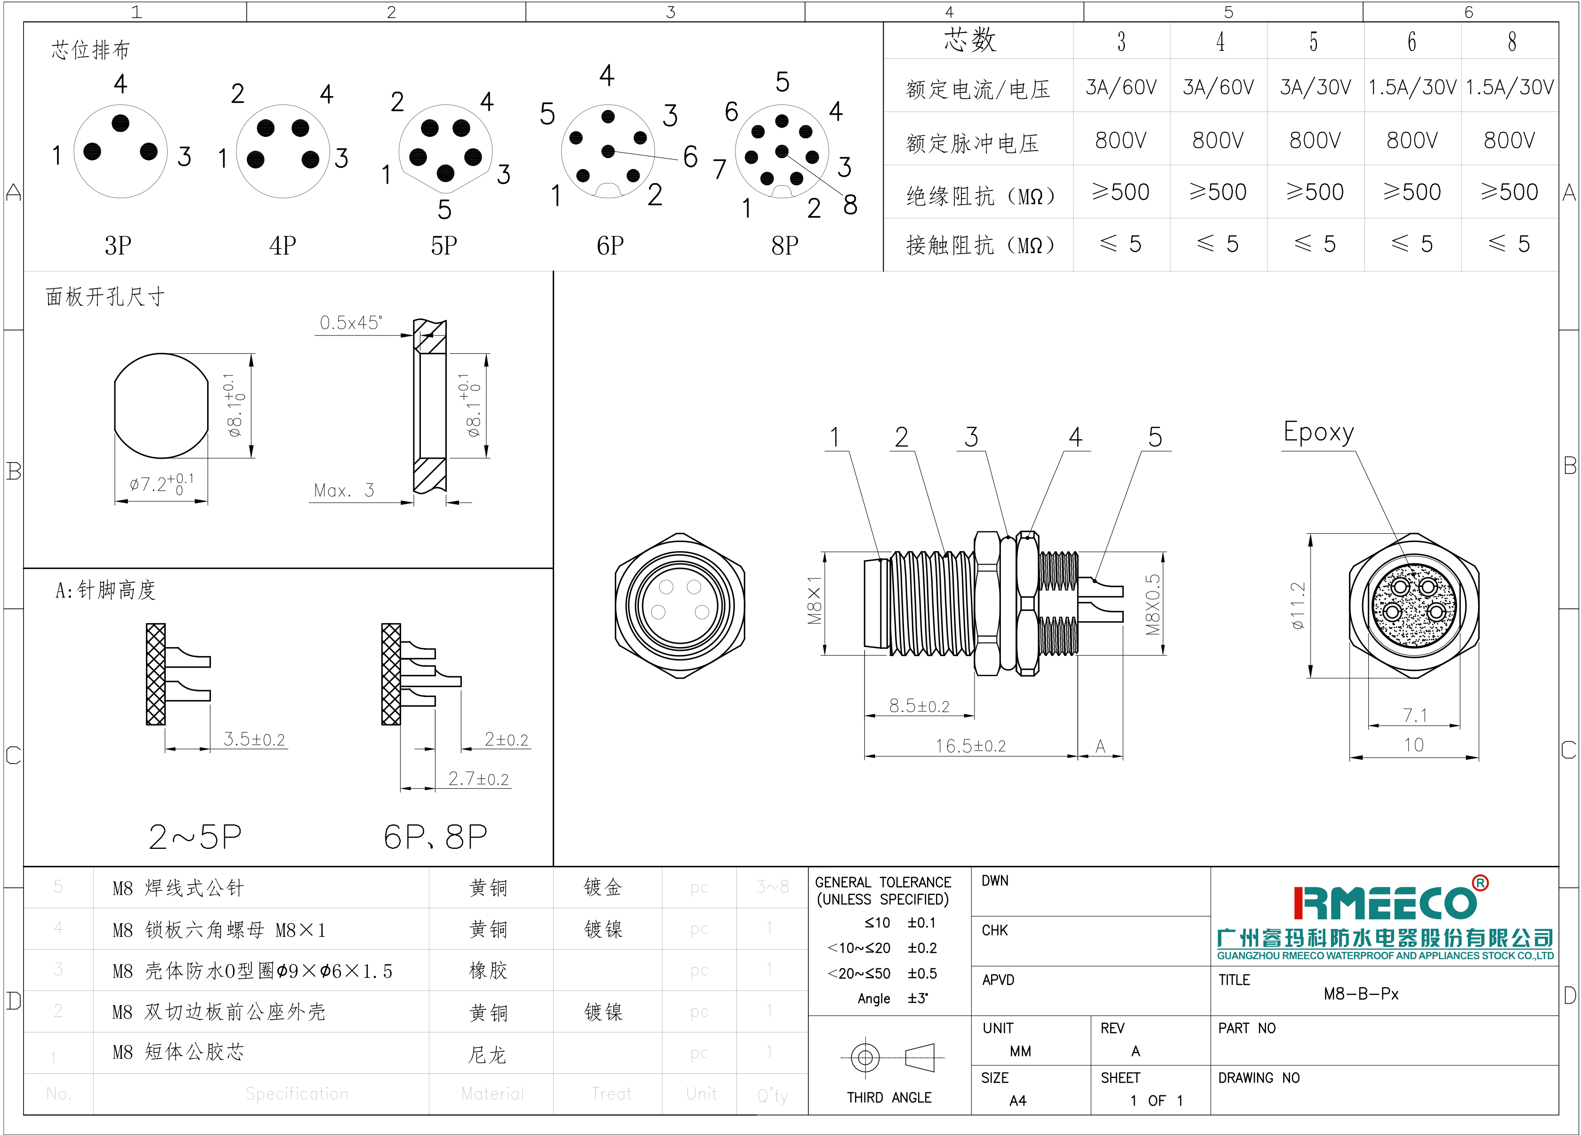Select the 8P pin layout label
coord(785,245)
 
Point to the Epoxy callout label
coord(1318,432)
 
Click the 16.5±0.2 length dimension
coord(970,746)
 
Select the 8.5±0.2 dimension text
coord(919,706)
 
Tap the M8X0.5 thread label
coord(1153,604)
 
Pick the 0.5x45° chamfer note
coord(351,323)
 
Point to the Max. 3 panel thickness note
coord(344,490)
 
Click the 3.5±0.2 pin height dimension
coord(254,739)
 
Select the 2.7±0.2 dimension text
coord(478,779)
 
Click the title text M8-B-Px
coord(1361,993)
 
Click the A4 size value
coord(1018,1101)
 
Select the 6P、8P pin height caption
coord(435,837)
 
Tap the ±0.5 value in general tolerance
coord(921,973)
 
